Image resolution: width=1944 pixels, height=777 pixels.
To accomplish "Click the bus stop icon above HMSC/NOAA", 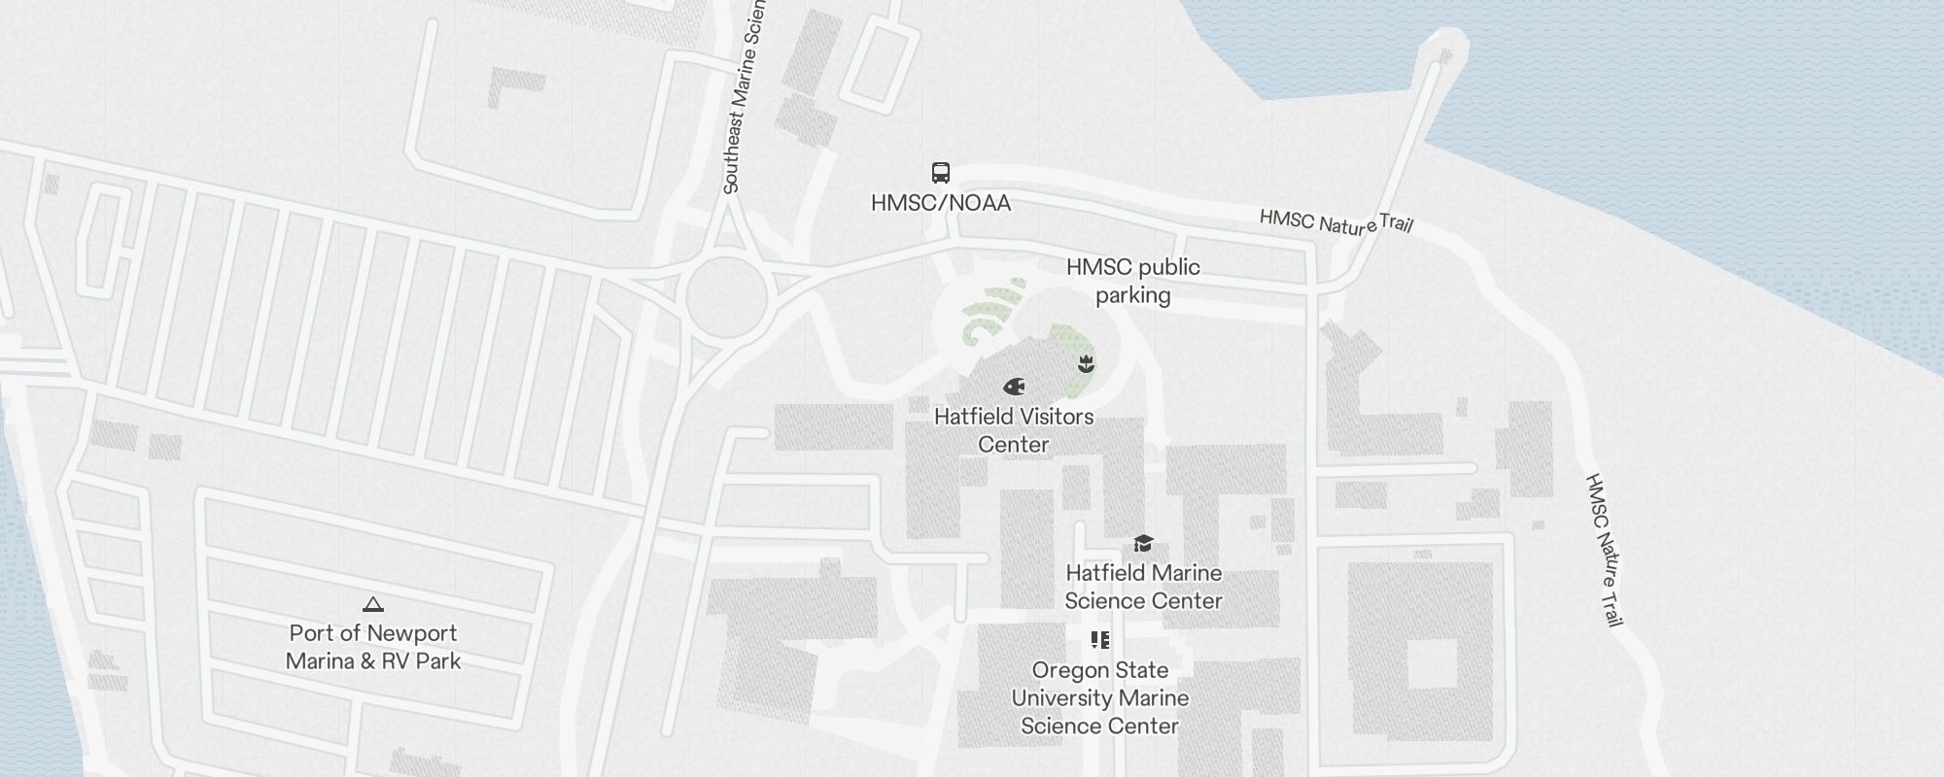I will [x=940, y=173].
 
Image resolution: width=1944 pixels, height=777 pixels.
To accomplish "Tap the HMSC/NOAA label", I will [x=940, y=203].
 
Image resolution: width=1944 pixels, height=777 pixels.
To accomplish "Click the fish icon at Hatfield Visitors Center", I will [x=1014, y=387].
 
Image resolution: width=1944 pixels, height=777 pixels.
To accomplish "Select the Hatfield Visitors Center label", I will [x=1014, y=430].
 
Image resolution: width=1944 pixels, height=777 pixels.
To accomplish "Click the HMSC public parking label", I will [x=1132, y=281].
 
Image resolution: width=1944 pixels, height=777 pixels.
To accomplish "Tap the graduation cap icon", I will [x=1143, y=543].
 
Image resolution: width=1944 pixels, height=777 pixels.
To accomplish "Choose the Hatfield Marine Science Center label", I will [x=1143, y=587].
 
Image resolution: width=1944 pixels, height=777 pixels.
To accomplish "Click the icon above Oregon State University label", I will [x=1099, y=640].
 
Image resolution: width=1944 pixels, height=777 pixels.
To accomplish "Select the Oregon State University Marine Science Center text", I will [x=1099, y=698].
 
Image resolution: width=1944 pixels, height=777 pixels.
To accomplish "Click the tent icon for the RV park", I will [x=373, y=604].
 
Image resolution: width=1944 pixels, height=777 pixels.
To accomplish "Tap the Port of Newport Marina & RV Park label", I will [x=373, y=647].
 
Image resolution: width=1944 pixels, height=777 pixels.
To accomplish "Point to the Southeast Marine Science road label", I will [x=745, y=97].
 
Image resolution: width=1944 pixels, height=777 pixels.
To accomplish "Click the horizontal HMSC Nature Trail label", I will [x=1336, y=221].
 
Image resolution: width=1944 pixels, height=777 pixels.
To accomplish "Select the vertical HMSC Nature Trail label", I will [x=1605, y=550].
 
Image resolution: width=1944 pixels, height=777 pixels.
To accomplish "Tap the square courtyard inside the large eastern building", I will [x=1434, y=662].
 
